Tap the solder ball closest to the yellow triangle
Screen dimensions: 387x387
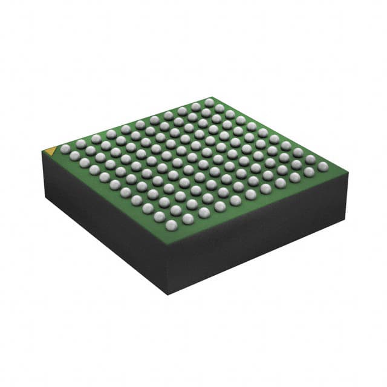pyautogui.click(x=65, y=149)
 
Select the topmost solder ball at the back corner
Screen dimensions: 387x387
pyautogui.click(x=209, y=102)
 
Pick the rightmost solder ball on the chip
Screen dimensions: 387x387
pyautogui.click(x=323, y=166)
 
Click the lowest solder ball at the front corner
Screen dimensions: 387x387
pyautogui.click(x=171, y=225)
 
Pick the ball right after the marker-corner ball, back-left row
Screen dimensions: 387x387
pyautogui.click(x=80, y=144)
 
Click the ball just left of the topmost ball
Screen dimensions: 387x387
pyautogui.click(x=195, y=107)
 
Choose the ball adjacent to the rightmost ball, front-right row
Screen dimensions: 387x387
pyautogui.click(x=309, y=172)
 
